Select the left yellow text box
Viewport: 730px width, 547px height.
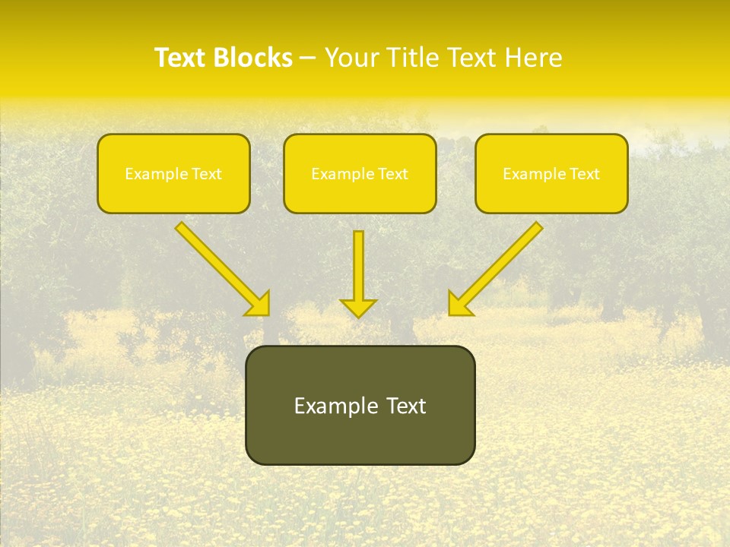pos(173,173)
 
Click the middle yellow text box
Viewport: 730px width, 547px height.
pos(360,173)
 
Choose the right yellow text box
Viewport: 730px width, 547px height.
pos(551,173)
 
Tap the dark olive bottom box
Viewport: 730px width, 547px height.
pos(360,405)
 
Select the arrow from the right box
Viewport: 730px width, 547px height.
pos(498,266)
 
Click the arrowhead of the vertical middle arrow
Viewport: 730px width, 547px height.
pos(358,307)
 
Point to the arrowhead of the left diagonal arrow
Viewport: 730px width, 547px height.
pos(259,304)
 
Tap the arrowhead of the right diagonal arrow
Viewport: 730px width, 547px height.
pos(459,304)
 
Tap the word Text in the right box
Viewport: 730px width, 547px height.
pos(583,174)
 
